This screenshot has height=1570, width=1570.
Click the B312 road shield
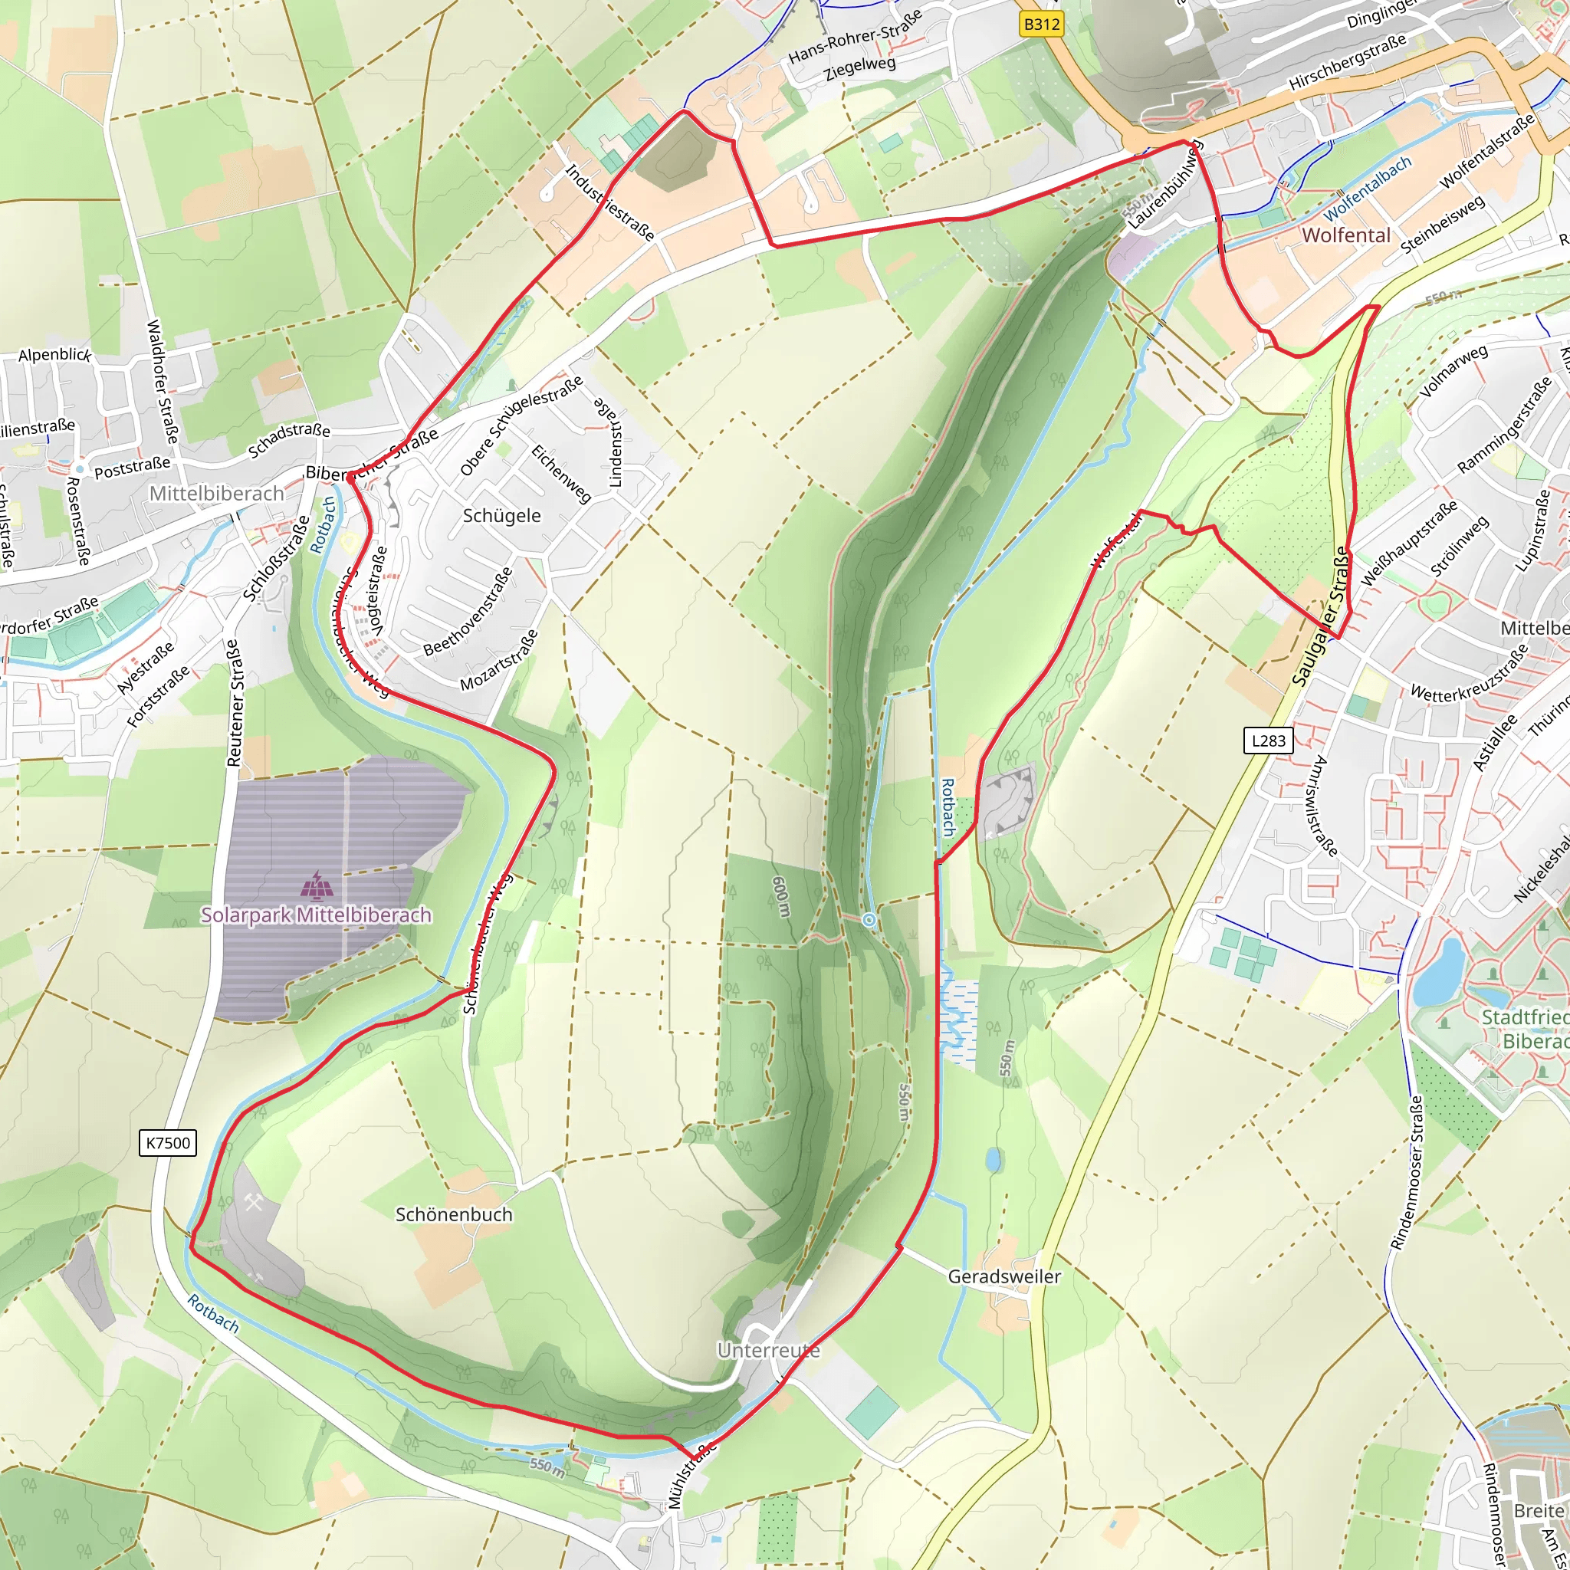pyautogui.click(x=1042, y=25)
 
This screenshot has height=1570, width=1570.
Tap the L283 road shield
pyautogui.click(x=1269, y=741)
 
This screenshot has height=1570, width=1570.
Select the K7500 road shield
pyautogui.click(x=168, y=1143)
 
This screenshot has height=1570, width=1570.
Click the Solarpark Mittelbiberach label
pyautogui.click(x=316, y=915)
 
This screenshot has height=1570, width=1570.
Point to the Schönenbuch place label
pyautogui.click(x=454, y=1215)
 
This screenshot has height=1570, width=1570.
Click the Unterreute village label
pyautogui.click(x=768, y=1351)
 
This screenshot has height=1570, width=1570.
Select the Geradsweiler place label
pyautogui.click(x=1004, y=1276)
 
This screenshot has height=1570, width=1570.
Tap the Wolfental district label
pyautogui.click(x=1346, y=235)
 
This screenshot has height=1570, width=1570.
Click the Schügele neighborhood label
pyautogui.click(x=501, y=516)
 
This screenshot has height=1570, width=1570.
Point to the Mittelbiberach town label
pyautogui.click(x=216, y=493)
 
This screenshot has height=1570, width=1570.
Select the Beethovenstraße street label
pyautogui.click(x=469, y=611)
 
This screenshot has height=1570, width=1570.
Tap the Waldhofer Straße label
pyautogui.click(x=162, y=382)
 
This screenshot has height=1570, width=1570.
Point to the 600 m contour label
pyautogui.click(x=781, y=897)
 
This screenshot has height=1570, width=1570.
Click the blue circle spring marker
pyautogui.click(x=869, y=919)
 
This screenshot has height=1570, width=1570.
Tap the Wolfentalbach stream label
pyautogui.click(x=1368, y=189)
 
